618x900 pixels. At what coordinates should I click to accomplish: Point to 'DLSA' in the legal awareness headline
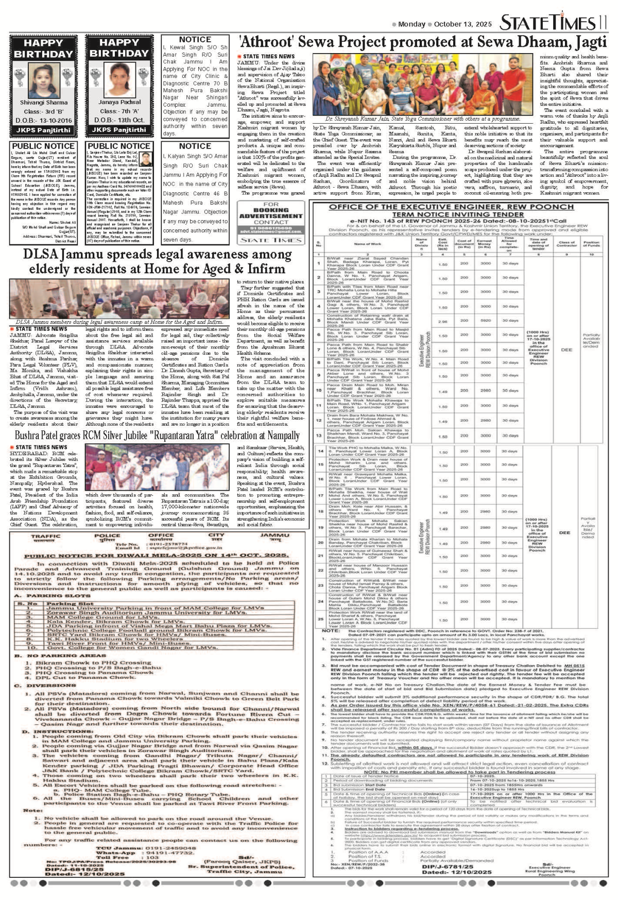coord(42,255)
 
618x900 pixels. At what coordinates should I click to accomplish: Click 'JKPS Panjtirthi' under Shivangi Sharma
coord(44,130)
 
